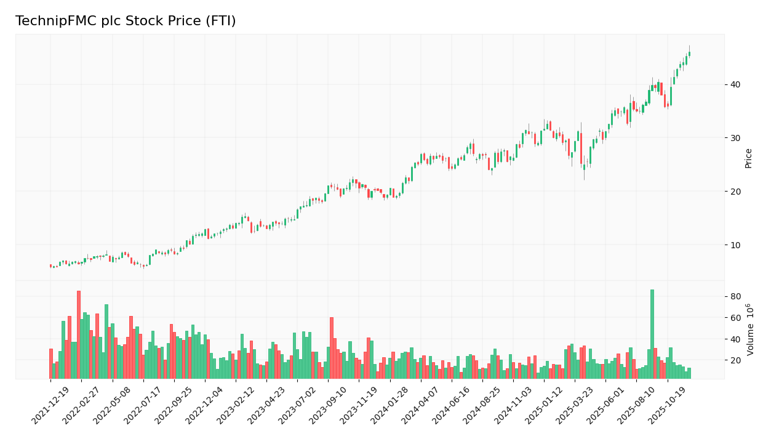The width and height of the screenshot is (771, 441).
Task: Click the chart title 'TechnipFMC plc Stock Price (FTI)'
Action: click(126, 22)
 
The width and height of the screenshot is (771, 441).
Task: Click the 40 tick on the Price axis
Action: click(735, 84)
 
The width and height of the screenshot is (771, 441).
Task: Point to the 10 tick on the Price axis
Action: click(735, 245)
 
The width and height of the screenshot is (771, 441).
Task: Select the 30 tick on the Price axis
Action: click(735, 138)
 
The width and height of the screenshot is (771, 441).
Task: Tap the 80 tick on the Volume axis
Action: click(735, 296)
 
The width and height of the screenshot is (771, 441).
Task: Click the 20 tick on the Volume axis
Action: click(735, 360)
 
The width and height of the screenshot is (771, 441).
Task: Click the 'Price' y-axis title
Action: click(749, 158)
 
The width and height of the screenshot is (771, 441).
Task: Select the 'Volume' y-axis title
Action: click(750, 330)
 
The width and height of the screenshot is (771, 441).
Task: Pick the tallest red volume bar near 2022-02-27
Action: click(79, 336)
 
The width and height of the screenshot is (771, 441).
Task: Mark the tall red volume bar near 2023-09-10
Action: click(332, 349)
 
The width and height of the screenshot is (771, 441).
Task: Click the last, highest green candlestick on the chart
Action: click(689, 54)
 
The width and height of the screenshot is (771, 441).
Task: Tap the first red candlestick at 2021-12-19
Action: click(50, 266)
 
